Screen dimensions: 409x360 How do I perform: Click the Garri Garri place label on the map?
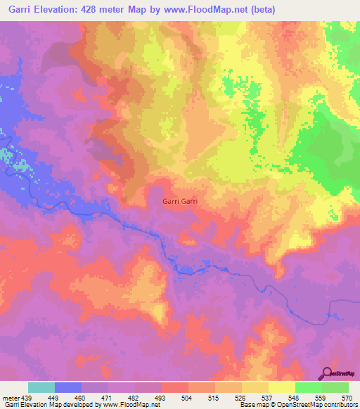click(x=179, y=202)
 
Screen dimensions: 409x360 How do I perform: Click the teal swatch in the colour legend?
click(x=41, y=387)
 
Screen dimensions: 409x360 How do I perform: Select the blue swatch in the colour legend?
click(x=68, y=387)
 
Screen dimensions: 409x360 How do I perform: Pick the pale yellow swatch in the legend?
click(x=282, y=387)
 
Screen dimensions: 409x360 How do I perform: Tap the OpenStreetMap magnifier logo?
click(x=328, y=374)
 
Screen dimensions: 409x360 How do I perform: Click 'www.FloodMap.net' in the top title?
click(x=210, y=10)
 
